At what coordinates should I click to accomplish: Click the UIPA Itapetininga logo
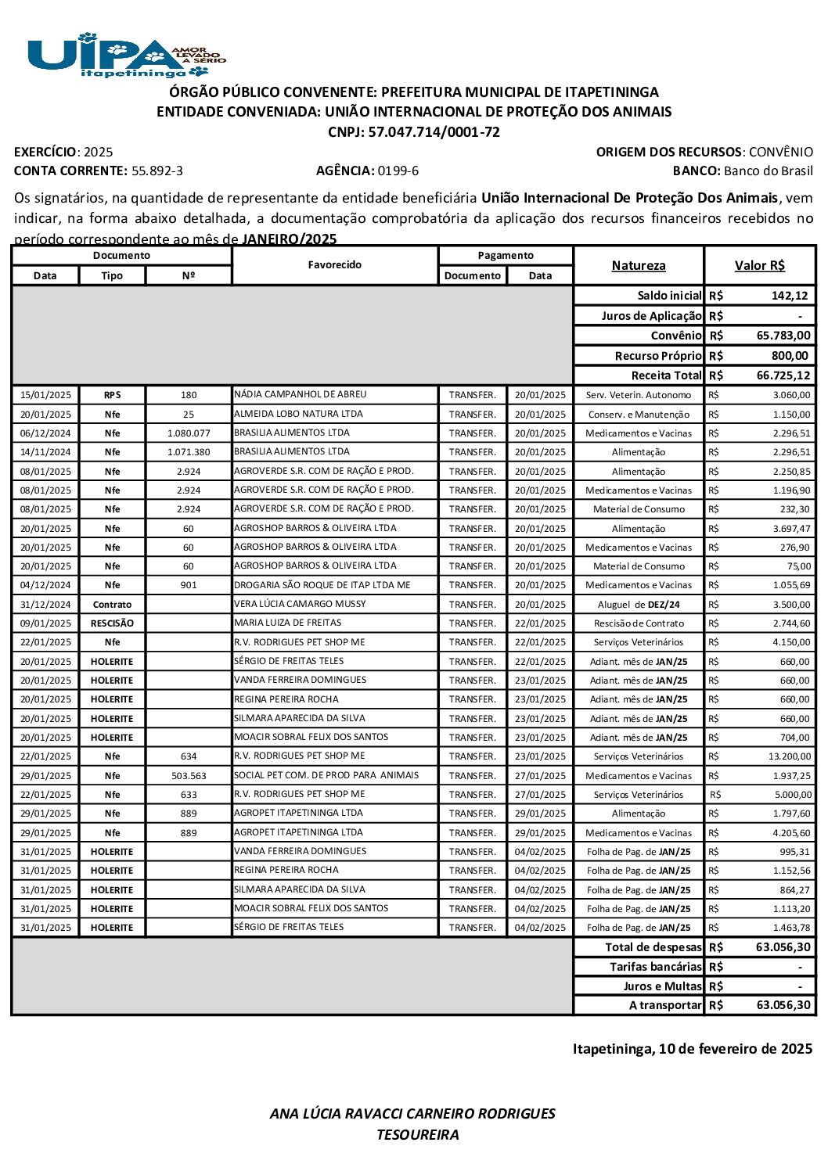click(126, 55)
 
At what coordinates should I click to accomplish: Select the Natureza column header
click(638, 266)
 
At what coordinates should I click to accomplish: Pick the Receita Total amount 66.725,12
click(783, 375)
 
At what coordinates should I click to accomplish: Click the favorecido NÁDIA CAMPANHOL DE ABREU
click(300, 395)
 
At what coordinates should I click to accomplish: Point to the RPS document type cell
click(112, 395)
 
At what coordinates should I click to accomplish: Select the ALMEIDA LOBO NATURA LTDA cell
click(298, 414)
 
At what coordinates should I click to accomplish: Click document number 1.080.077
click(189, 433)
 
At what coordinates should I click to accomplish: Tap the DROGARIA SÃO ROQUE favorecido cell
click(322, 585)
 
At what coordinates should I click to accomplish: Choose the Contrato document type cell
click(112, 605)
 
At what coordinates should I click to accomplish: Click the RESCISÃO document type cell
click(112, 623)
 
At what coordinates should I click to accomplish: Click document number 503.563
click(189, 776)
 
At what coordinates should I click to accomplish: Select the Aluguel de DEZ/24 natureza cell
click(639, 605)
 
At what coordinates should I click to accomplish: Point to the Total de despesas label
click(653, 947)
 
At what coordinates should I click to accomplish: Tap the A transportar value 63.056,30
click(783, 1005)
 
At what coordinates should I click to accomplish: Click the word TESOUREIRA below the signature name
click(417, 1135)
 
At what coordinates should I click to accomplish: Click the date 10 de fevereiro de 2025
click(735, 1049)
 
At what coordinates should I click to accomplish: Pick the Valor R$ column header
click(759, 266)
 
